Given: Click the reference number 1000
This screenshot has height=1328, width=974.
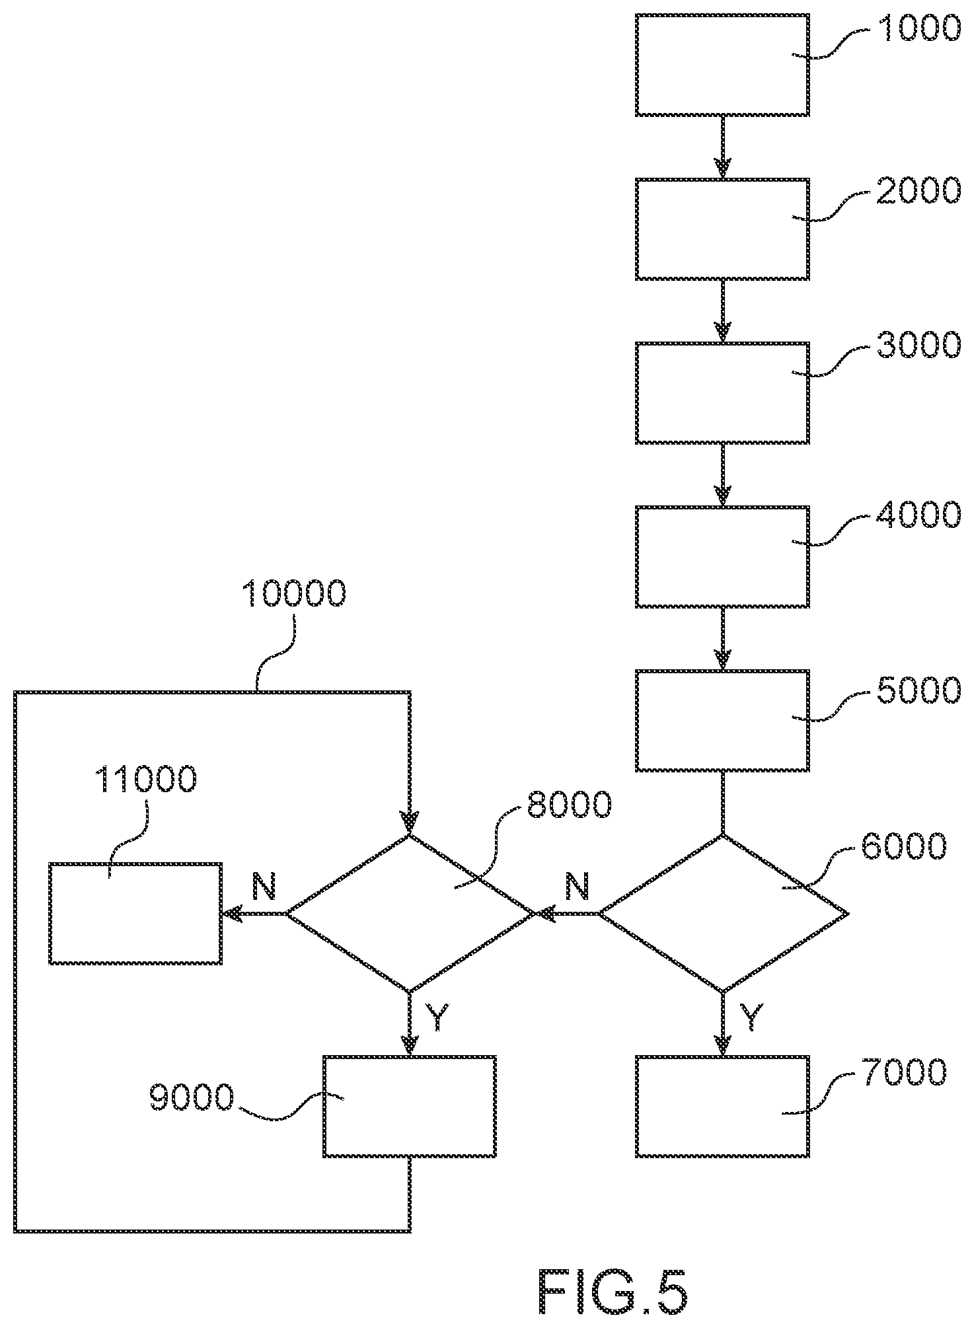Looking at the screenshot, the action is (x=918, y=29).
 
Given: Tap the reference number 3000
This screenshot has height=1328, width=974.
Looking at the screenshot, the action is (x=918, y=346).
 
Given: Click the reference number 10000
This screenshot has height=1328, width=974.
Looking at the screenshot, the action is (x=294, y=593).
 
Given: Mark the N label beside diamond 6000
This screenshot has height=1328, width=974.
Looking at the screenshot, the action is (x=578, y=886).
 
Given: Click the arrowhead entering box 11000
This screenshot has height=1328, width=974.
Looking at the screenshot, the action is (x=231, y=914).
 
